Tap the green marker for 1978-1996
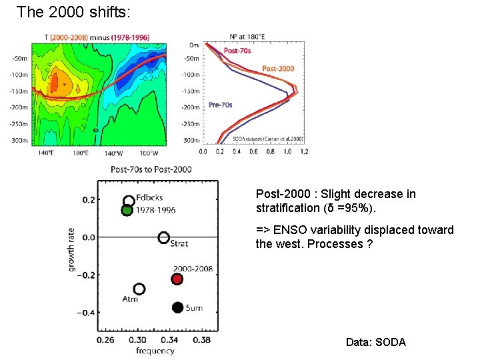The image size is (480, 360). pos(127,211)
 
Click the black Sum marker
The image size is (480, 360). pos(177,307)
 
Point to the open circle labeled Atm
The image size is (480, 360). pos(139,289)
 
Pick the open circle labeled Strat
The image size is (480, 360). pos(163,237)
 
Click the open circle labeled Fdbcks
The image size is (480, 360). pos(129,201)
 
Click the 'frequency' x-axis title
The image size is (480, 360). pos(155,351)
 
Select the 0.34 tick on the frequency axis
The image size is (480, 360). pos(170,340)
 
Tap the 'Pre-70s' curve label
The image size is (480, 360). pos(220,105)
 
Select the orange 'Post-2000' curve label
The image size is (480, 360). pos(277,69)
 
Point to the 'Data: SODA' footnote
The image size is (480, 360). pos(375,342)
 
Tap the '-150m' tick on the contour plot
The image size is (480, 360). pos(18,91)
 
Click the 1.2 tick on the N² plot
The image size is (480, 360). pos(304,152)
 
